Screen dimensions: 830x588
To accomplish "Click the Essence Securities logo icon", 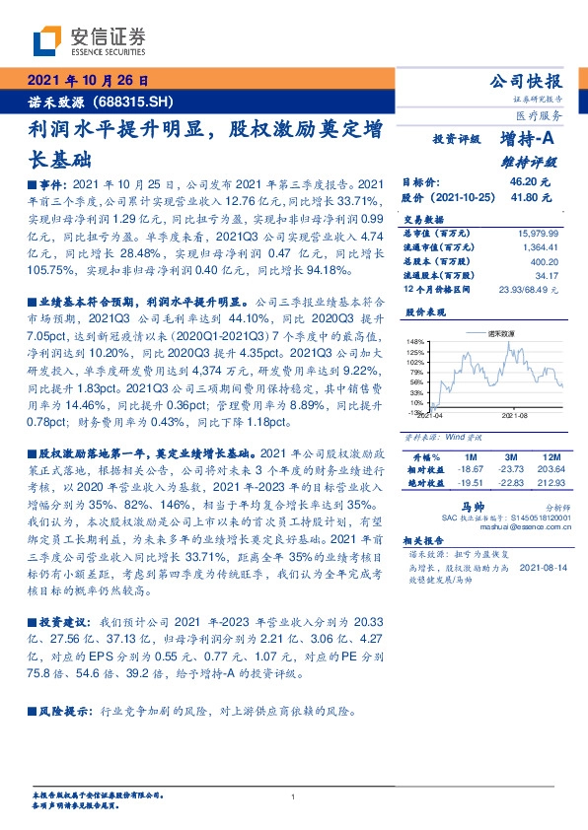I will tap(45, 41).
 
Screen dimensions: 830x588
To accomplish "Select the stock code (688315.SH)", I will tap(127, 101).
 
